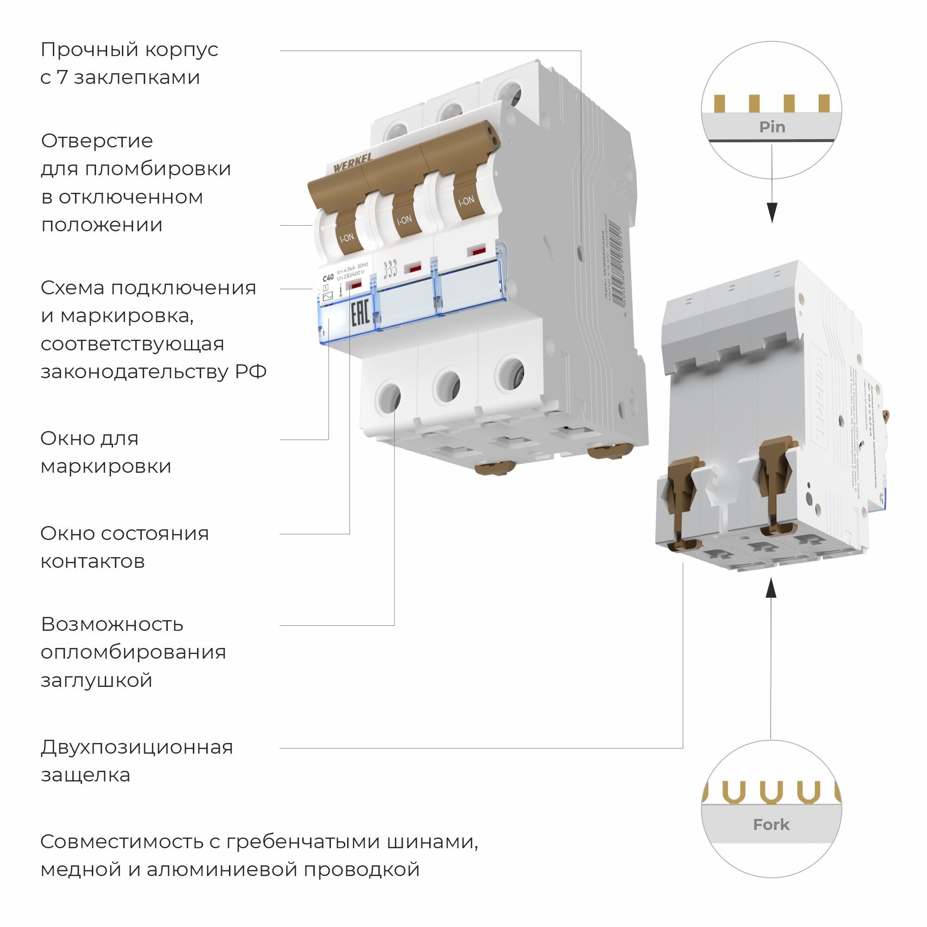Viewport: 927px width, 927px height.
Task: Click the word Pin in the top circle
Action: coord(772,127)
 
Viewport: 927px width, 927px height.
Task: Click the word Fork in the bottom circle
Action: coord(771,824)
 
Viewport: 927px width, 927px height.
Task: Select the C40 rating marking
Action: coord(328,278)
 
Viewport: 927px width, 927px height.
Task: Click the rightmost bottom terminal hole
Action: coord(510,373)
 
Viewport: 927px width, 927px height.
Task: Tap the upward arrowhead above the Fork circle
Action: coord(771,587)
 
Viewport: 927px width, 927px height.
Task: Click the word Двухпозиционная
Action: coord(137,747)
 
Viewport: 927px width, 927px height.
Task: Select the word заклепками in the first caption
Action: coord(137,78)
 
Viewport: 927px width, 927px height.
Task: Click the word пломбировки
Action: coord(159,169)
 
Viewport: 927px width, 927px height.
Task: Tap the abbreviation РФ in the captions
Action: coord(250,372)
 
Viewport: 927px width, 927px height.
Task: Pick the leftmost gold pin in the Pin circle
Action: coord(719,103)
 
